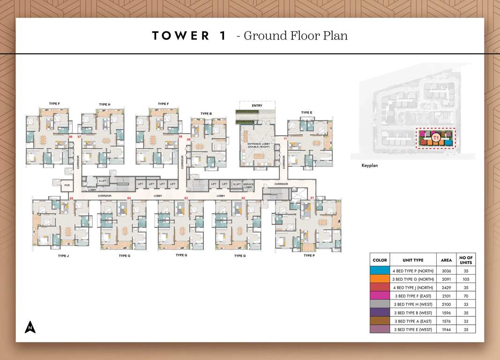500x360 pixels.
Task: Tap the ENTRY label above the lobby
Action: pyautogui.click(x=257, y=106)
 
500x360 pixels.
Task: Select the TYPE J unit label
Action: pyautogui.click(x=63, y=255)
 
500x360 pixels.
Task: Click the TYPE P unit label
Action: pyautogui.click(x=309, y=255)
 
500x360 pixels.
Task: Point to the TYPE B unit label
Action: pyautogui.click(x=206, y=113)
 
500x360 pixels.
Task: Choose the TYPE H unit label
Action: pyautogui.click(x=104, y=104)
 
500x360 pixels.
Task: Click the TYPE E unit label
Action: pyautogui.click(x=306, y=112)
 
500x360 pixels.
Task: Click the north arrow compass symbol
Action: pyautogui.click(x=30, y=327)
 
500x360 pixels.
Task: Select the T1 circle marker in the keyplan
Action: pyautogui.click(x=436, y=138)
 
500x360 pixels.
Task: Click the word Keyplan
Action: pyautogui.click(x=370, y=165)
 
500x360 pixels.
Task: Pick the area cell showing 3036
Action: pyautogui.click(x=446, y=270)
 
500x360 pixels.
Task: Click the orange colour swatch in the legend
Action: pyautogui.click(x=380, y=279)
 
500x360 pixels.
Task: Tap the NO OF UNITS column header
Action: pyautogui.click(x=466, y=260)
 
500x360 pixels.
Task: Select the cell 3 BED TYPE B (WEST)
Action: pyautogui.click(x=413, y=313)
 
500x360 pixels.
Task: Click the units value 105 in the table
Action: pyautogui.click(x=466, y=279)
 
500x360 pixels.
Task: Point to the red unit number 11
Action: pyautogui.click(x=285, y=138)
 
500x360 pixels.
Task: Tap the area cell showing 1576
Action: pyautogui.click(x=446, y=321)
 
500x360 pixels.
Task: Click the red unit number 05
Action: pyautogui.click(x=71, y=199)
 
